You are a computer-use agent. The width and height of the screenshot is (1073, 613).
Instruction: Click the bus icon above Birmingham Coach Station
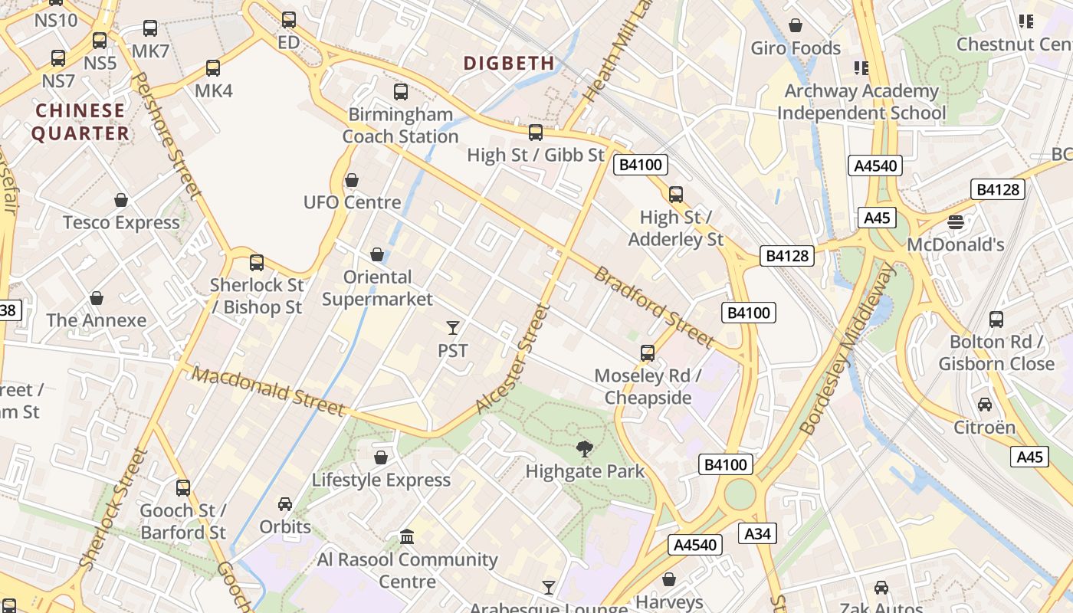pyautogui.click(x=401, y=92)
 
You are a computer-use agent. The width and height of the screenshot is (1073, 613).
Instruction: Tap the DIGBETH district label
pyautogui.click(x=509, y=64)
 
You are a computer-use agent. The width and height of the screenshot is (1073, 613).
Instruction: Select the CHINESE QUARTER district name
pyautogui.click(x=80, y=122)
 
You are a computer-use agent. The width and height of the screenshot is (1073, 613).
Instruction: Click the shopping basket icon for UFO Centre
pyautogui.click(x=352, y=180)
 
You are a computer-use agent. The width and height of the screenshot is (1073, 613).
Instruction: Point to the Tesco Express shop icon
pyautogui.click(x=121, y=201)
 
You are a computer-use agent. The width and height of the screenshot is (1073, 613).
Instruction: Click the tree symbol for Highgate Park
pyautogui.click(x=585, y=449)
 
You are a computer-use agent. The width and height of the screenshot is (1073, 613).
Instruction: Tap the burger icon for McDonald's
pyautogui.click(x=955, y=222)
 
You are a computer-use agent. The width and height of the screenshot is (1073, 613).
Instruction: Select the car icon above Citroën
pyautogui.click(x=985, y=404)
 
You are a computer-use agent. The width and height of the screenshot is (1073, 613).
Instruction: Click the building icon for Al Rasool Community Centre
pyautogui.click(x=407, y=537)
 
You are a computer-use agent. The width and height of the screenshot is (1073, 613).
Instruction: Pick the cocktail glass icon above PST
pyautogui.click(x=453, y=328)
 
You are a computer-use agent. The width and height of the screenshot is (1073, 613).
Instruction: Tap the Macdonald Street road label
pyautogui.click(x=268, y=392)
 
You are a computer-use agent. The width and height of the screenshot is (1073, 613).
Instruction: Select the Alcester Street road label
pyautogui.click(x=513, y=359)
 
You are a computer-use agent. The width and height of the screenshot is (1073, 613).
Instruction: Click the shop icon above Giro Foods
pyautogui.click(x=796, y=25)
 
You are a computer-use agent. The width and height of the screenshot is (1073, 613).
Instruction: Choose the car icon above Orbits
pyautogui.click(x=285, y=504)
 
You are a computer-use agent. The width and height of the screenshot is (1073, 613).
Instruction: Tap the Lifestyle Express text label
pyautogui.click(x=381, y=480)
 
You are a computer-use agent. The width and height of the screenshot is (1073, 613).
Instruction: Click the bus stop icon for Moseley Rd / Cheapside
pyautogui.click(x=648, y=353)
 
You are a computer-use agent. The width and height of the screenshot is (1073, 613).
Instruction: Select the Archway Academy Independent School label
pyautogui.click(x=861, y=102)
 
